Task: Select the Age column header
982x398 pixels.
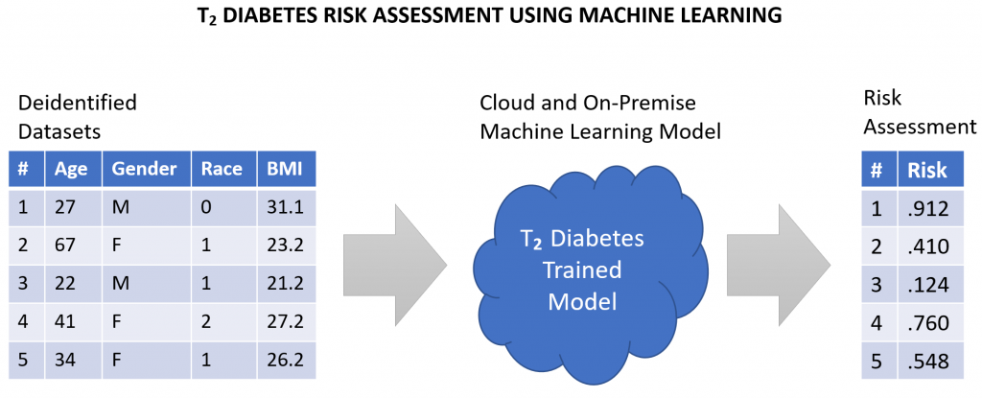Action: click(x=71, y=169)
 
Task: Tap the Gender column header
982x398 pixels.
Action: click(x=144, y=169)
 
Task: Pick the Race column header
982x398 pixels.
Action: click(x=222, y=169)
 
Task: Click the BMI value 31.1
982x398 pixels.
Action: click(x=286, y=207)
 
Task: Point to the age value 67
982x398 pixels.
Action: click(x=65, y=246)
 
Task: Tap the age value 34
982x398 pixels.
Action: click(x=65, y=361)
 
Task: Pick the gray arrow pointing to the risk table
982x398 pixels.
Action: click(x=779, y=265)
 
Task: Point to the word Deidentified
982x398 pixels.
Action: click(x=78, y=103)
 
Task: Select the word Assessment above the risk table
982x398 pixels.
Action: click(x=919, y=128)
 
